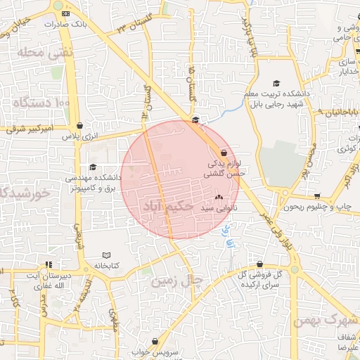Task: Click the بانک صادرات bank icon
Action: pyautogui.click(x=65, y=13)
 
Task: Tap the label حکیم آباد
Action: pyautogui.click(x=167, y=207)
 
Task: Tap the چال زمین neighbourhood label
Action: pyautogui.click(x=176, y=281)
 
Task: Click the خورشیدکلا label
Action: pyautogui.click(x=21, y=192)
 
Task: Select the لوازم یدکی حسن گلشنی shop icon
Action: pyautogui.click(x=224, y=152)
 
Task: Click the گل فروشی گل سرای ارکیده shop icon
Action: pyautogui.click(x=259, y=264)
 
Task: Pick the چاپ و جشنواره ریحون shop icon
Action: pyautogui.click(x=317, y=196)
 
